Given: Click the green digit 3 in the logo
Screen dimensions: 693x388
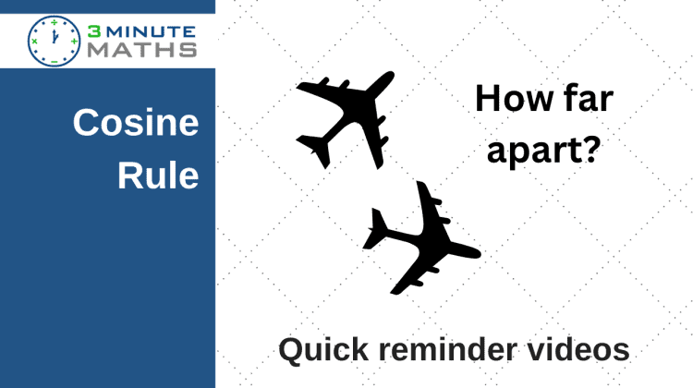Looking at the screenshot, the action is pyautogui.click(x=93, y=31).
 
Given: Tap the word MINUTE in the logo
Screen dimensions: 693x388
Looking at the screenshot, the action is pyautogui.click(x=151, y=31).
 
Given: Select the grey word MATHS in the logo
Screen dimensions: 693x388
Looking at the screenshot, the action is pyautogui.click(x=142, y=50).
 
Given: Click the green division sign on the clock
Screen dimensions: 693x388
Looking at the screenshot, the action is pyautogui.click(x=54, y=21).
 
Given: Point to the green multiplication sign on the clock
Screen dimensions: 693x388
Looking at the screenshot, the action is pyautogui.click(x=34, y=41).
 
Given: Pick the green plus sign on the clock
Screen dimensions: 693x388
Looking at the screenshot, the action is pyautogui.click(x=74, y=41).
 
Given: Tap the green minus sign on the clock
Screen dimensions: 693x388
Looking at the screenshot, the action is pyautogui.click(x=54, y=61).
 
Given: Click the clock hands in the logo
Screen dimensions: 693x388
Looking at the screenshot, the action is pyautogui.click(x=55, y=37).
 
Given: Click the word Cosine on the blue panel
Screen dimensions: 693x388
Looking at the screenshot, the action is pyautogui.click(x=136, y=123).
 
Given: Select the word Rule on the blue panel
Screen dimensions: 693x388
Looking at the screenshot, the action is pyautogui.click(x=158, y=175).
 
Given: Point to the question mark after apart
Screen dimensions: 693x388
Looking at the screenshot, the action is pyautogui.click(x=590, y=149).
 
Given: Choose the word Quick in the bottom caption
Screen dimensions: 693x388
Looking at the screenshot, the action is pyautogui.click(x=323, y=350).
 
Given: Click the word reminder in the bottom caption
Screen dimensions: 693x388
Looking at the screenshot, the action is pyautogui.click(x=448, y=350).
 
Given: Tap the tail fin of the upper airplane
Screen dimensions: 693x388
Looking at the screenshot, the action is pyautogui.click(x=315, y=151).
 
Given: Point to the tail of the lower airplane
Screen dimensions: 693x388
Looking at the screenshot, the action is pyautogui.click(x=376, y=230).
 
